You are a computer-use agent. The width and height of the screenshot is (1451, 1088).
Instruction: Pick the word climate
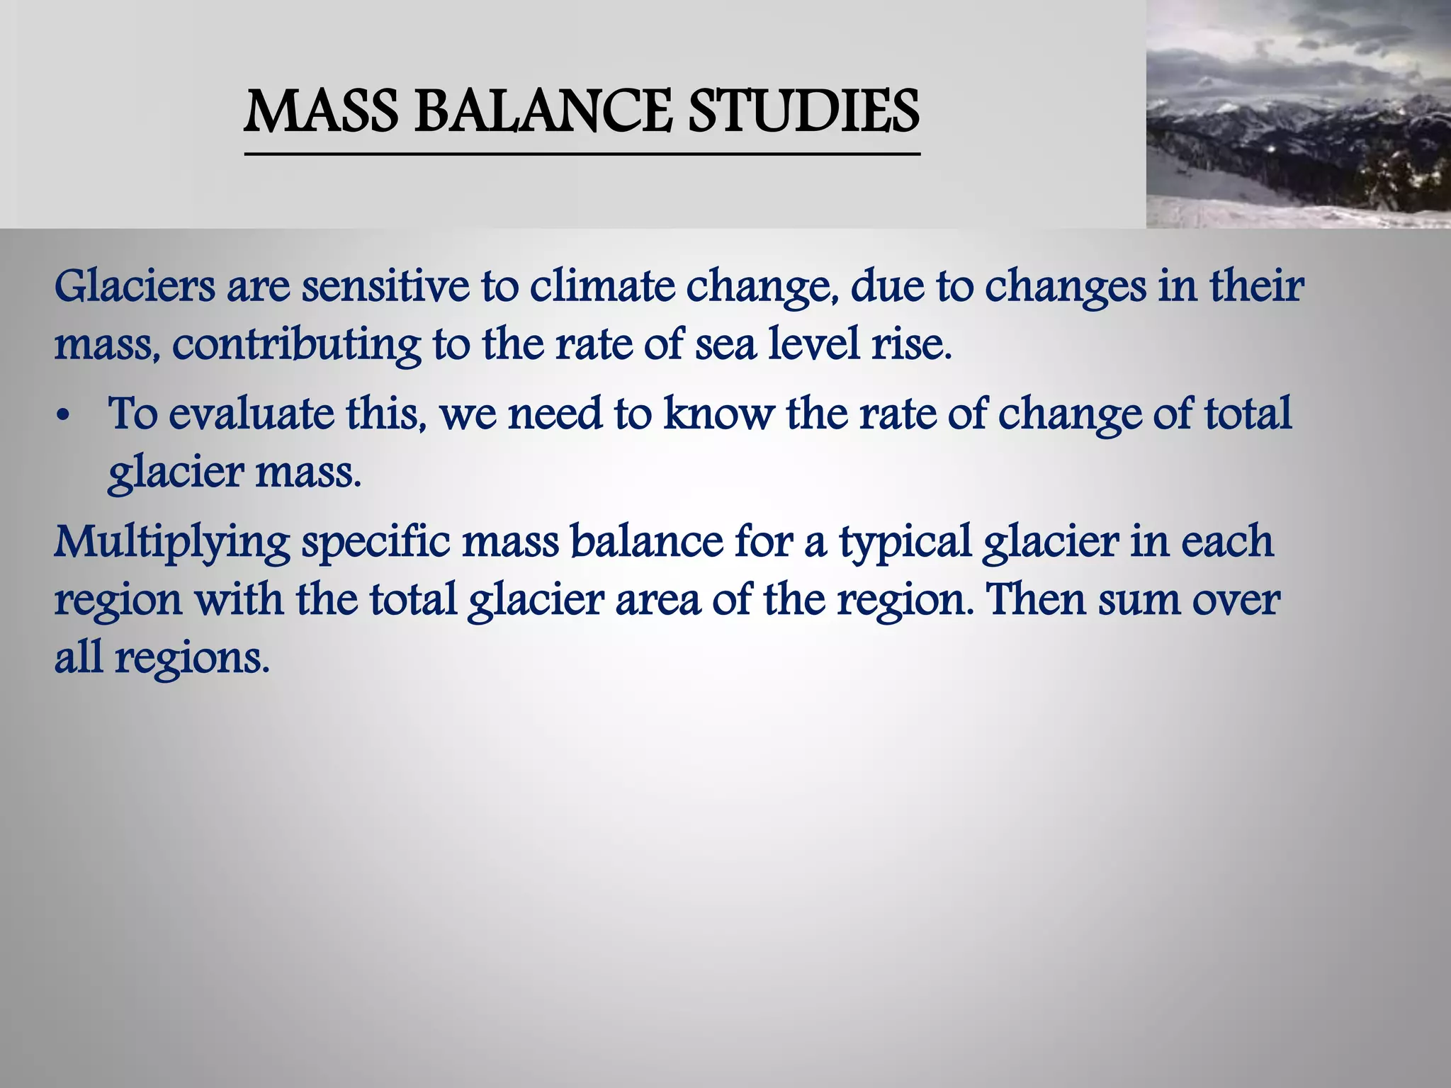tap(602, 287)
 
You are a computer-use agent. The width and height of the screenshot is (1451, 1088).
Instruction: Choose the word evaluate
tap(251, 414)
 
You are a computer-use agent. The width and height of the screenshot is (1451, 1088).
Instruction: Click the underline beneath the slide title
tap(582, 154)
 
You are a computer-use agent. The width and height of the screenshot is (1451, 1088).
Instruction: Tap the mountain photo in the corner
tap(1298, 114)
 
